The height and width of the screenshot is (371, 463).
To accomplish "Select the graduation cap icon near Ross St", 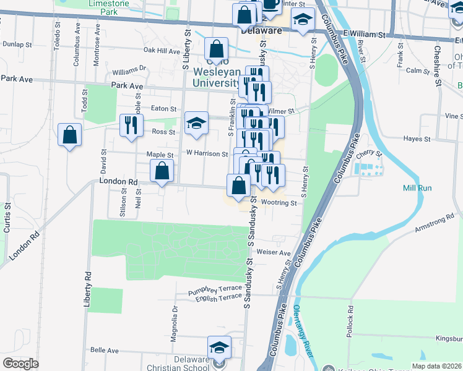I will pyautogui.click(x=196, y=122).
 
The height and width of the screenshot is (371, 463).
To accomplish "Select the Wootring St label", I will pyautogui.click(x=275, y=202).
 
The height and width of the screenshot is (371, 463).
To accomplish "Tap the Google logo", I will pyautogui.click(x=20, y=364).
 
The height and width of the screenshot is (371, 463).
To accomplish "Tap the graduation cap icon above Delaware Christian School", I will pyautogui.click(x=219, y=347).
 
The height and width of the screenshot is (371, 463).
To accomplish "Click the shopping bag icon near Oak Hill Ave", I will pyautogui.click(x=216, y=48).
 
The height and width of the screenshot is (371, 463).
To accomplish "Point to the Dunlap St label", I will pyautogui.click(x=17, y=45).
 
